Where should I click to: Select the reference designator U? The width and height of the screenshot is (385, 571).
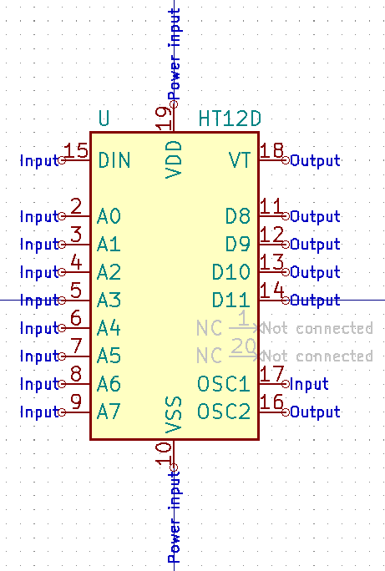104,119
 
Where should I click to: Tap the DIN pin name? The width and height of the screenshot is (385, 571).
114,160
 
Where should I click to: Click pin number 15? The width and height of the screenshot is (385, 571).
76,151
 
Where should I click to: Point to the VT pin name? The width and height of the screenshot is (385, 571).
240,160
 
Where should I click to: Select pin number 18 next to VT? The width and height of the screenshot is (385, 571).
271,151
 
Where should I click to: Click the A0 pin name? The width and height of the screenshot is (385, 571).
109,216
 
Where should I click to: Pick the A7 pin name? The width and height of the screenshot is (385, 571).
109,412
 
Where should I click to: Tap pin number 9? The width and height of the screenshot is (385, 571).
76,402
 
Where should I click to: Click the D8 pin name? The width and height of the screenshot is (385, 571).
238,216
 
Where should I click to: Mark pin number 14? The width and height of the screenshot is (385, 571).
271,291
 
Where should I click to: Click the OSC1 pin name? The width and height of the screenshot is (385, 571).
223,384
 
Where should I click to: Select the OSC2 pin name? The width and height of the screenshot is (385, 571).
223,412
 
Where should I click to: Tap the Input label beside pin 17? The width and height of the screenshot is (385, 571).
309,384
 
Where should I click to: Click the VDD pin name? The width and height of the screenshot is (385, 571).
174,159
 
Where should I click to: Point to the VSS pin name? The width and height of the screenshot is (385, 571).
174,415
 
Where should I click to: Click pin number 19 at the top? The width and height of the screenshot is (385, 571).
165,118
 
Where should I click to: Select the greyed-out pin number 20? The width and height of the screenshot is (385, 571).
243,346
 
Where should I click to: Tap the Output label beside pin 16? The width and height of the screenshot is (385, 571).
315,412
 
